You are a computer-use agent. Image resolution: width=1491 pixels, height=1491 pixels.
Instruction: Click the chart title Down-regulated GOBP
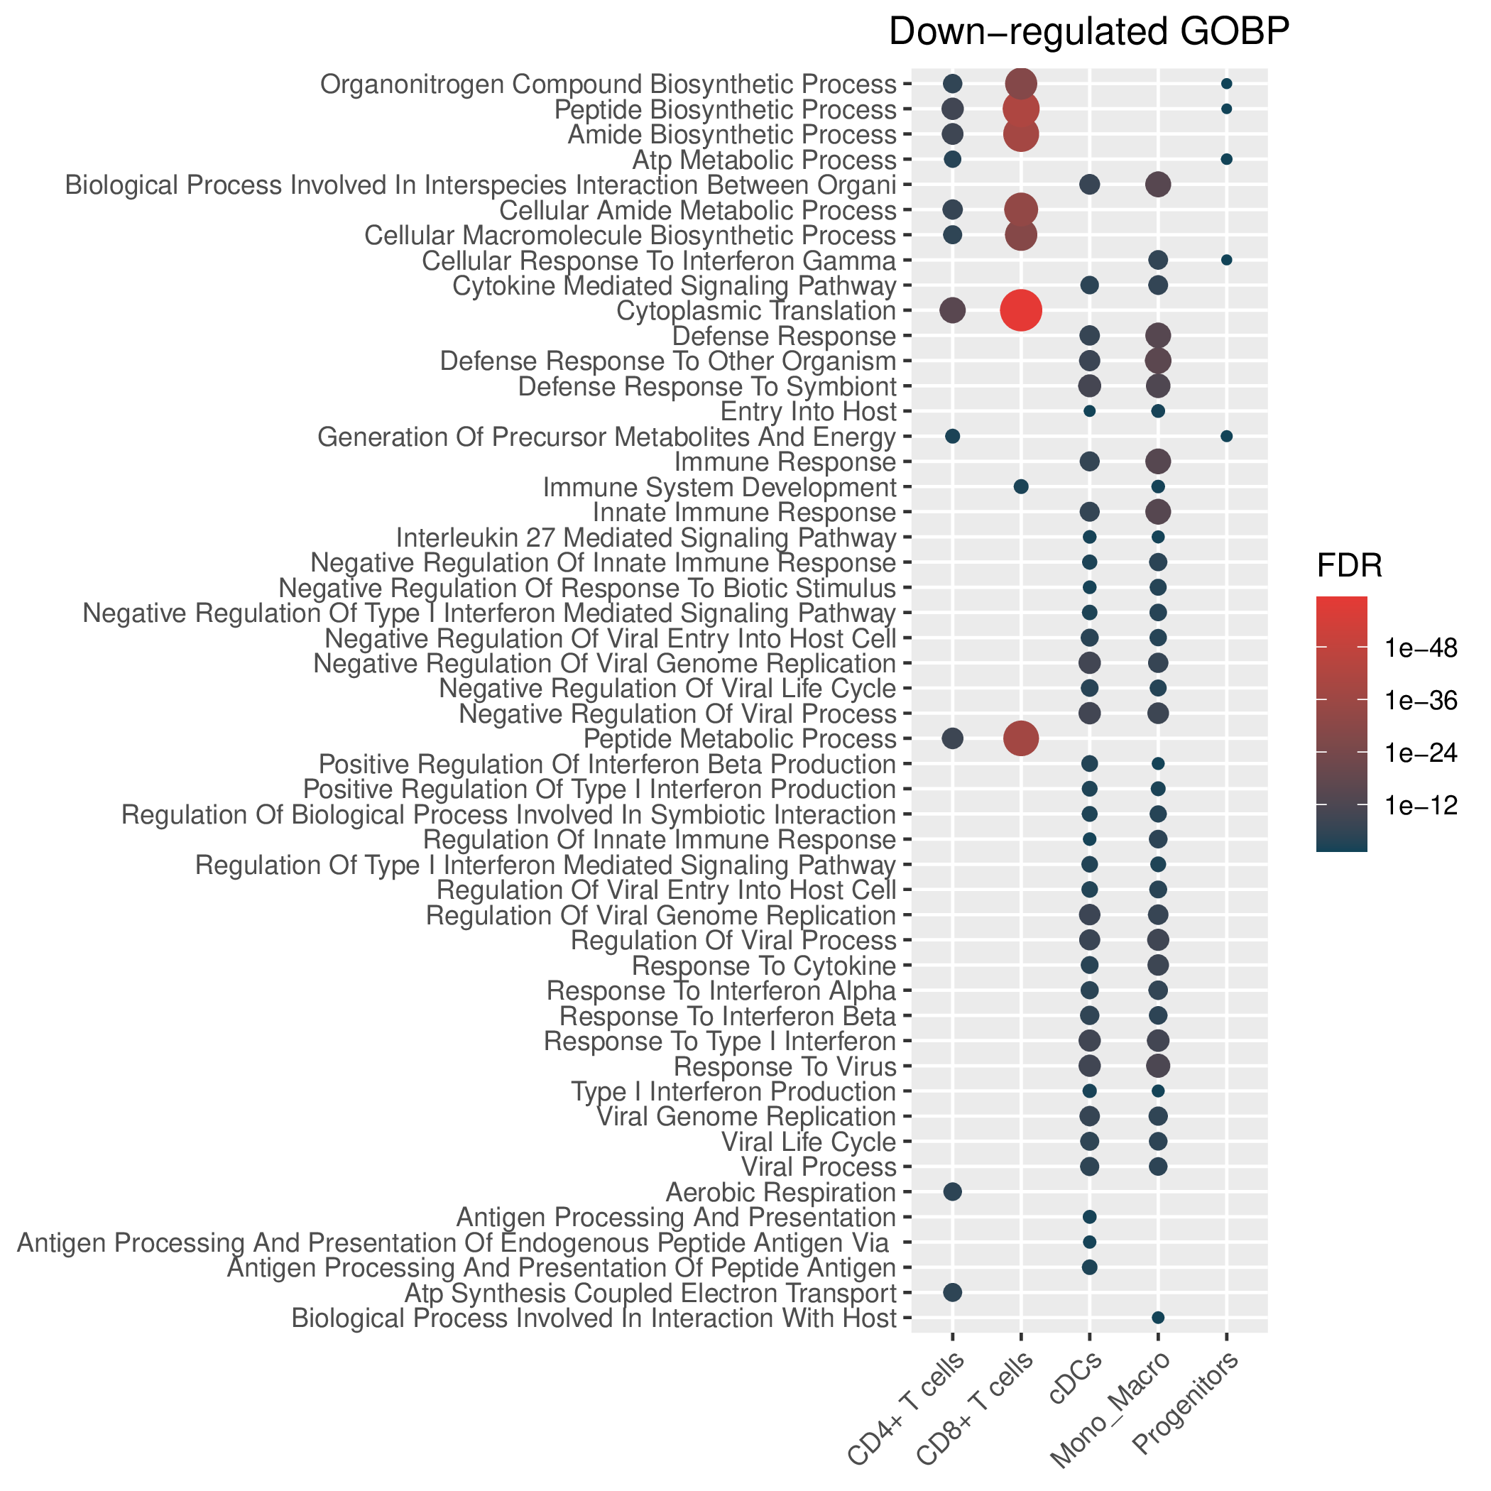(1089, 33)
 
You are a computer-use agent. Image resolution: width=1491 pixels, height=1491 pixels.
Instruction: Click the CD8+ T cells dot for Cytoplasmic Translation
(1020, 310)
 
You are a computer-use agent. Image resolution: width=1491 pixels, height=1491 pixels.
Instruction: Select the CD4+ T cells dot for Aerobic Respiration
(952, 1191)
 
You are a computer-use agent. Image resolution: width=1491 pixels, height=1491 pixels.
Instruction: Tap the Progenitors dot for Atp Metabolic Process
(1226, 159)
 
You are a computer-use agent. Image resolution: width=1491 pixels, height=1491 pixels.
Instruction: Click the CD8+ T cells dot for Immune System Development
(1020, 486)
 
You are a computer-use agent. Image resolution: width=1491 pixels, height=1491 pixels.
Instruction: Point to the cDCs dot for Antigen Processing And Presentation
(1089, 1217)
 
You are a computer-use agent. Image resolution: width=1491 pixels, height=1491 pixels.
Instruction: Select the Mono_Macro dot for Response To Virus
(1157, 1066)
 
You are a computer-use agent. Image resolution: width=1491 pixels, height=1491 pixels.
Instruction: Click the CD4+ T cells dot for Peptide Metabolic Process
(952, 738)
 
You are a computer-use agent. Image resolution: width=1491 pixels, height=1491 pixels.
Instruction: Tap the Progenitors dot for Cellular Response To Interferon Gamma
(1226, 260)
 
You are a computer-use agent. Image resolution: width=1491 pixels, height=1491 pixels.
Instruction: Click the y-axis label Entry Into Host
(808, 411)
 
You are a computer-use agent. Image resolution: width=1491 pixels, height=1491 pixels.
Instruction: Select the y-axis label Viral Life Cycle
(808, 1142)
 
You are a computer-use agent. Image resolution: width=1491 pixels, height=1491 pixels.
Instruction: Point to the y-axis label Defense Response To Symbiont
(707, 386)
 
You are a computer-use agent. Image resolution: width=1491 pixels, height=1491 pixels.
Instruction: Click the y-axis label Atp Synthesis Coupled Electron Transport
(650, 1293)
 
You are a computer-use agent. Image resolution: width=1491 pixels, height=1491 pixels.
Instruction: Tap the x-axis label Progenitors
(1187, 1414)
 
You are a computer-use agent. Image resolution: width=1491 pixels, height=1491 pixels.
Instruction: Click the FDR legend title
(1348, 567)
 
